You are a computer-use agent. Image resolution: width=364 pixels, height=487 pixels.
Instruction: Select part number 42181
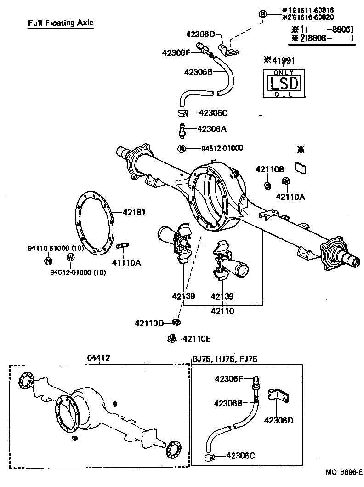134,212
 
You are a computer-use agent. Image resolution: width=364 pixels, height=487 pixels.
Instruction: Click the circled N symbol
48,261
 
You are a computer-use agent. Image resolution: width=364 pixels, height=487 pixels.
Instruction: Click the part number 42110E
196,339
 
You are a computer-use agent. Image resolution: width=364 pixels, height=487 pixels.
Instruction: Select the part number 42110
222,311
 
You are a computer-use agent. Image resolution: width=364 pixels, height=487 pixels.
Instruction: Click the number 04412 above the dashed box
99,358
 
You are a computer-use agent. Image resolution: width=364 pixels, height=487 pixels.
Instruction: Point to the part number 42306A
212,129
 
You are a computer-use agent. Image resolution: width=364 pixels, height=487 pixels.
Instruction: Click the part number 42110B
270,169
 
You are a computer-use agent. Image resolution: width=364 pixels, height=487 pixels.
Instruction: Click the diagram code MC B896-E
344,472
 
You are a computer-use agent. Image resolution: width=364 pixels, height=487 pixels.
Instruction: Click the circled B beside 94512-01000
182,148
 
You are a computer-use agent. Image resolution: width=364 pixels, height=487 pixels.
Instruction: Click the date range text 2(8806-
322,39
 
